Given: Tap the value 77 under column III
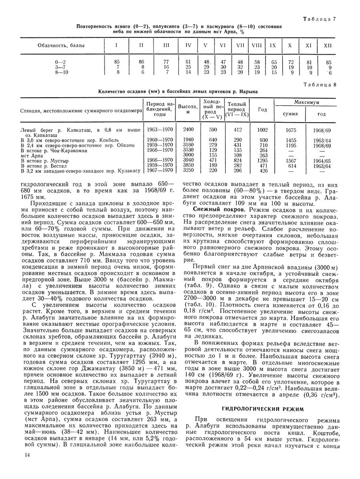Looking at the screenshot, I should (x=166, y=62).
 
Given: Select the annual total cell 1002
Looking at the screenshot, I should (x=262, y=130).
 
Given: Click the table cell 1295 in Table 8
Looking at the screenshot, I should (x=262, y=160).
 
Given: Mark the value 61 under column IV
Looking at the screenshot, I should (x=188, y=62).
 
